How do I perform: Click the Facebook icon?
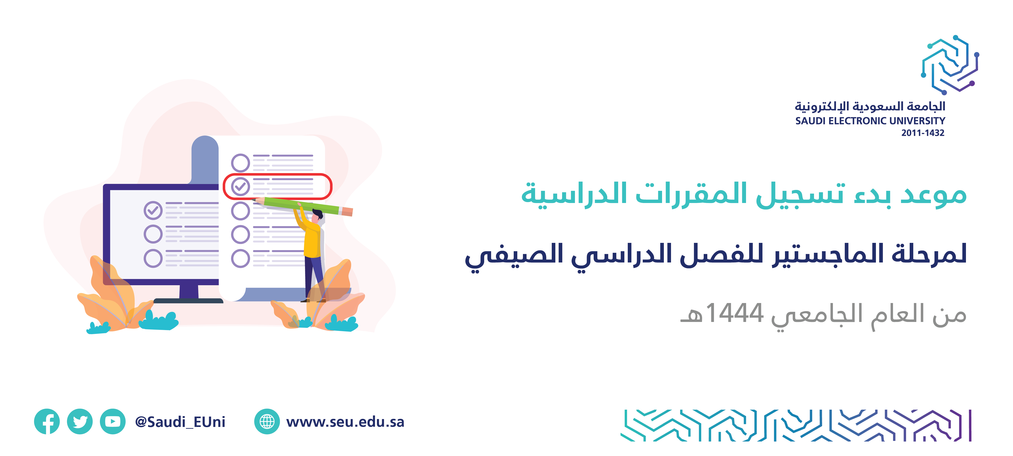[47, 421]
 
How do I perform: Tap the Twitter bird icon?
[80, 421]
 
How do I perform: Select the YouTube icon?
[113, 421]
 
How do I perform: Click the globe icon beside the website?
[267, 421]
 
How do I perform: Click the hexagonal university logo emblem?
[950, 65]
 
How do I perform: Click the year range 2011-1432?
[923, 133]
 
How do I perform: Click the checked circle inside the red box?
[240, 187]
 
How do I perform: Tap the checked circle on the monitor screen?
[153, 210]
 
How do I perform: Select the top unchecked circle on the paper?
[240, 162]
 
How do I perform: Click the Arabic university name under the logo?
[870, 106]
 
